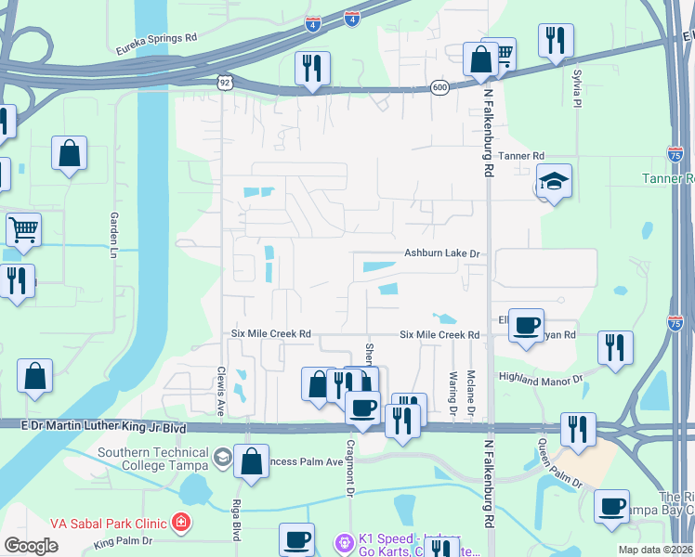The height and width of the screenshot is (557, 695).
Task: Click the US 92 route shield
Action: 225,83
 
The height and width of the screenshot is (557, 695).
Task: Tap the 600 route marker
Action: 439,87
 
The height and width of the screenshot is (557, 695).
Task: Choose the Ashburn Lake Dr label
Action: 441,253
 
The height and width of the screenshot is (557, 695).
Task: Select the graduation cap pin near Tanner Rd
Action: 554,181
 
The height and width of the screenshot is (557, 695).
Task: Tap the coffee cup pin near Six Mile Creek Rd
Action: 527,325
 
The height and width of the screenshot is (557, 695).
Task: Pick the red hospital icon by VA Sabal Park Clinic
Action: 180,522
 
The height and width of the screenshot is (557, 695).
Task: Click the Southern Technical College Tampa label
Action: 153,460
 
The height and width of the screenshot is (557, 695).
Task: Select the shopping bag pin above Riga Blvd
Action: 251,460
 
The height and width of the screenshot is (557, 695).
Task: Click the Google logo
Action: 31,546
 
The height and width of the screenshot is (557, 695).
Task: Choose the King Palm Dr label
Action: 122,540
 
